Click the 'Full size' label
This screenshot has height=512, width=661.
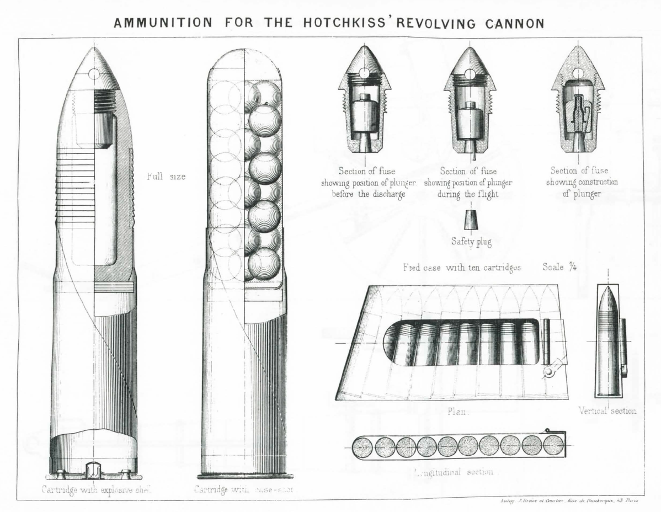coord(166,177)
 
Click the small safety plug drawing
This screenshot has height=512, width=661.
coord(470,220)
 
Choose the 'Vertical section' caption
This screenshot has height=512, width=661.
coord(607,410)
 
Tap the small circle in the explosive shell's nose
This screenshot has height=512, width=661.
coord(93,73)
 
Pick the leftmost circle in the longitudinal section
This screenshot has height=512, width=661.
coord(365,446)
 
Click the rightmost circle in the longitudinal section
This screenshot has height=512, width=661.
coord(553,445)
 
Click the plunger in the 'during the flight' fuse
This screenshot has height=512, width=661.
coord(470,122)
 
